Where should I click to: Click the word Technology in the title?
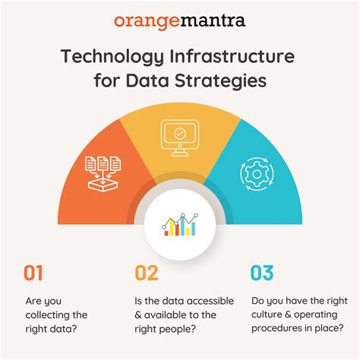[106, 57]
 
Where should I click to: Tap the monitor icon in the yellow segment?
[180, 136]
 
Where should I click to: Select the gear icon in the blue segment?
[254, 172]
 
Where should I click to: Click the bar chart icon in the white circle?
[179, 224]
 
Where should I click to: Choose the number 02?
[147, 273]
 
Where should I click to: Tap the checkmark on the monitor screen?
[180, 133]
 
